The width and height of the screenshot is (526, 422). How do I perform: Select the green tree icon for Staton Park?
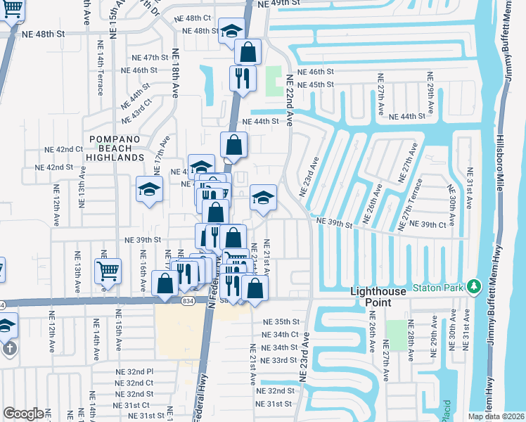[475, 286]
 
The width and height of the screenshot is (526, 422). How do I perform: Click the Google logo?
[23, 414]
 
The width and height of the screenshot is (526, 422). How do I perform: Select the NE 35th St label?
[281, 321]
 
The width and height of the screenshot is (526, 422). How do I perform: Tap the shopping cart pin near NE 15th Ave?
[108, 271]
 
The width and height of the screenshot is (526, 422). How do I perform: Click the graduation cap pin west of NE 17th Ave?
[149, 189]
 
